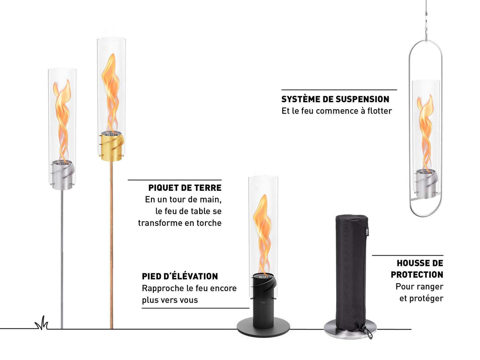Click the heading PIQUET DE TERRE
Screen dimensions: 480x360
click(185, 187)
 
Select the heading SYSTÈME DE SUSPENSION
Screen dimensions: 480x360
click(335, 99)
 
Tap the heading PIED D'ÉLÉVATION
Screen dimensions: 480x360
click(180, 276)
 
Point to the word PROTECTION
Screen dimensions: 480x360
click(417, 275)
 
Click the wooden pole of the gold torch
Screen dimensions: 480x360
click(112, 244)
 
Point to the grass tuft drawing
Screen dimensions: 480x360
click(42, 323)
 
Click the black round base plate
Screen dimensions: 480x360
click(263, 327)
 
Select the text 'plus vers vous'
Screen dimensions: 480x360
click(170, 300)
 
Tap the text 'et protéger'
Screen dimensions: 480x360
click(421, 298)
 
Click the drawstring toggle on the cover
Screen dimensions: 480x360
click(368, 332)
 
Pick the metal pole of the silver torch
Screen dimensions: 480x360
click(62, 259)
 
